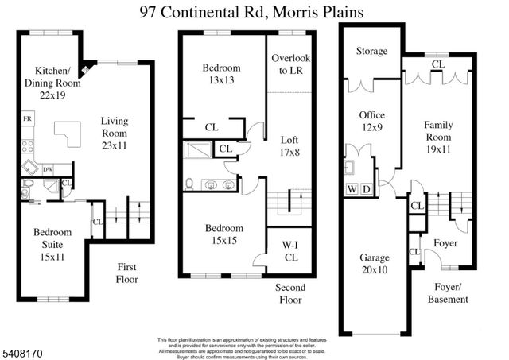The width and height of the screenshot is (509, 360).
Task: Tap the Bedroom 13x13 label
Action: (x=223, y=75)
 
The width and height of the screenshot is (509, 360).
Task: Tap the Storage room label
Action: (x=372, y=51)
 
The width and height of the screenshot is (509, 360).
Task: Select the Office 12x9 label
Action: (x=371, y=122)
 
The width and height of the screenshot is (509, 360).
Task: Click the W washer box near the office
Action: (x=351, y=189)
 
